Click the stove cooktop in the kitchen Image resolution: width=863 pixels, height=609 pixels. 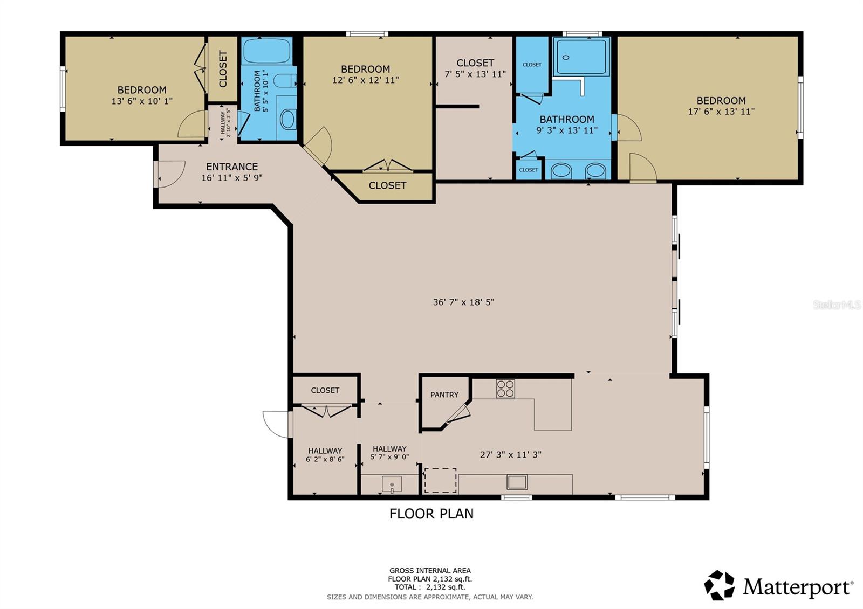coord(505,389)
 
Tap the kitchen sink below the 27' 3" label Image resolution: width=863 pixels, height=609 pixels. coord(517,482)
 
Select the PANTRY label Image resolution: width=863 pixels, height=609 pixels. coord(444,395)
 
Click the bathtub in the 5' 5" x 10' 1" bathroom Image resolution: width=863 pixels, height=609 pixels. coord(266,51)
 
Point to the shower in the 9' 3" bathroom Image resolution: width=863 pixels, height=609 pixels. coord(581,57)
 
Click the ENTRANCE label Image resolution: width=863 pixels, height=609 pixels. coord(232,167)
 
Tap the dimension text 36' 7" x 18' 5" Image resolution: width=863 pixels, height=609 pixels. coord(463,302)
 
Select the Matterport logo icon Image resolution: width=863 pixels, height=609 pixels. coord(720,585)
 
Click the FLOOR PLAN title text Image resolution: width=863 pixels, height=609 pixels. coord(432,514)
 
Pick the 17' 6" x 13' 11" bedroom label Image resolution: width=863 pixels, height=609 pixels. coord(721,106)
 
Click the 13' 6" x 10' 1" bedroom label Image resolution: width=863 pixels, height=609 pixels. coord(142,95)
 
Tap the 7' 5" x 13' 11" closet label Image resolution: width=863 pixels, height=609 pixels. coord(475,68)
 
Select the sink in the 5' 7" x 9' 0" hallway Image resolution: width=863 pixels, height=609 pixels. coord(392,484)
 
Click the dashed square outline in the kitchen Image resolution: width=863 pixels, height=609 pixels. coord(440,481)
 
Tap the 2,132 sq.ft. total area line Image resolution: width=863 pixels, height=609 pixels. coord(430,587)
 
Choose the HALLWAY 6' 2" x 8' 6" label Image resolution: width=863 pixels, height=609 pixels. coord(325,455)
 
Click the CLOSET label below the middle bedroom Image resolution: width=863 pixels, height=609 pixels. coord(387,185)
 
